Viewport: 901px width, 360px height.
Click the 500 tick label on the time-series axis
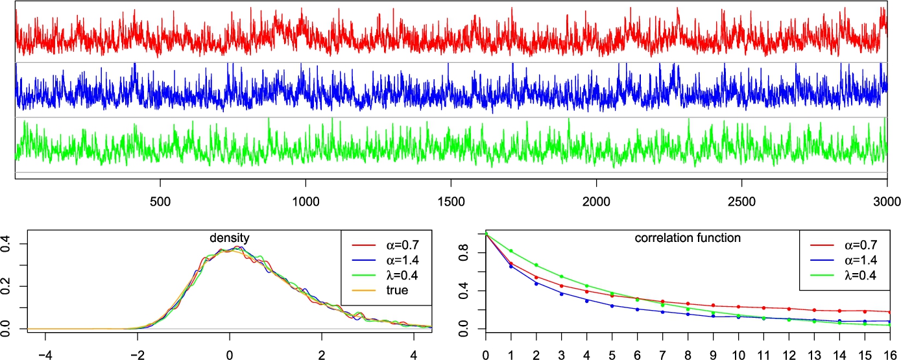(160, 200)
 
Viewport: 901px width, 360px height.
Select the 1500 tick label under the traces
(450, 200)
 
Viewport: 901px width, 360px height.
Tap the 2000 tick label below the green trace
(596, 200)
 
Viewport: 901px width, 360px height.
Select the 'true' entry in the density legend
(394, 291)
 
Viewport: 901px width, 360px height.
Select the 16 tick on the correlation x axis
(890, 355)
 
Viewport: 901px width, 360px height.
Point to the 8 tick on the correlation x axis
(688, 355)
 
